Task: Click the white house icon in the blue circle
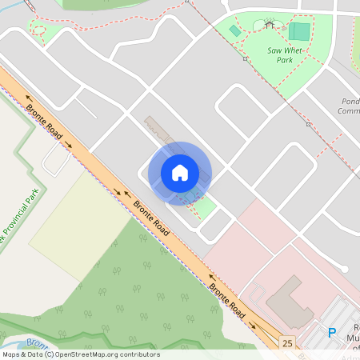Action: click(x=180, y=172)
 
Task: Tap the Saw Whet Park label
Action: click(x=284, y=55)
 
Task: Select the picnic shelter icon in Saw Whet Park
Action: click(x=270, y=25)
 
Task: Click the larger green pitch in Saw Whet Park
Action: click(x=299, y=32)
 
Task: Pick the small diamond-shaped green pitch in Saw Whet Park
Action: click(x=234, y=30)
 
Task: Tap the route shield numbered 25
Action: click(x=287, y=342)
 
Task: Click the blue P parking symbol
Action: click(x=332, y=332)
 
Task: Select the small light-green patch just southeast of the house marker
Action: click(x=205, y=208)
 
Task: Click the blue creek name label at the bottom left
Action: click(x=32, y=342)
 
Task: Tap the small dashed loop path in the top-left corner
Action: click(x=39, y=34)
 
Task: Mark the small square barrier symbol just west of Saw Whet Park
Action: click(x=245, y=58)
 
